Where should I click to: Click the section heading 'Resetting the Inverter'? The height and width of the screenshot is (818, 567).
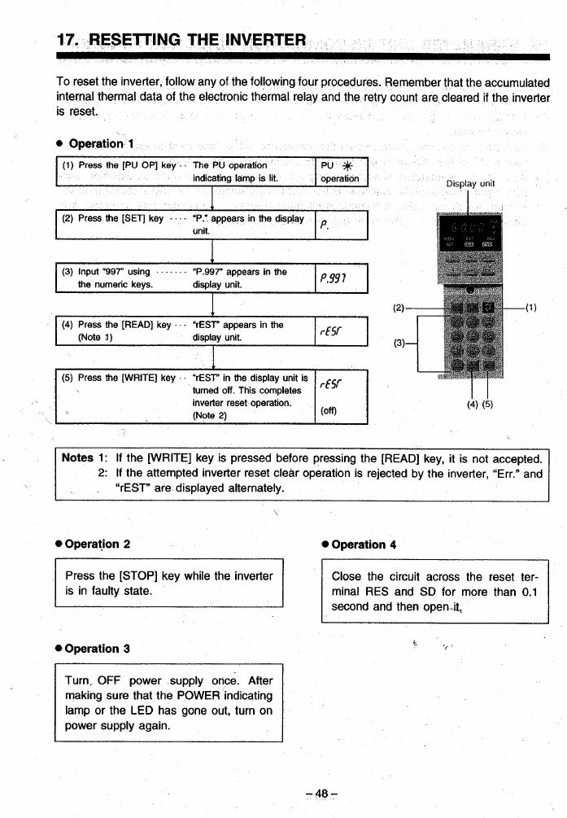(x=181, y=39)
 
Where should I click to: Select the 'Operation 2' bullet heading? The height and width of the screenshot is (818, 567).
(x=97, y=544)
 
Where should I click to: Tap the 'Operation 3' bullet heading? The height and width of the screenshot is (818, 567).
(x=97, y=649)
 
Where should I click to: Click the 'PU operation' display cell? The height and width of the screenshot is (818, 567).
(x=341, y=173)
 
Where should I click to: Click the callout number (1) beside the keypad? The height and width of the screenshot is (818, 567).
(x=532, y=307)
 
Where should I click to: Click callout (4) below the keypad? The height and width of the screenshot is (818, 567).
(x=473, y=405)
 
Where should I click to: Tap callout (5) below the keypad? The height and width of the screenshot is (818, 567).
(x=487, y=405)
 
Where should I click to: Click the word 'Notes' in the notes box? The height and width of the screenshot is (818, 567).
(x=78, y=458)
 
